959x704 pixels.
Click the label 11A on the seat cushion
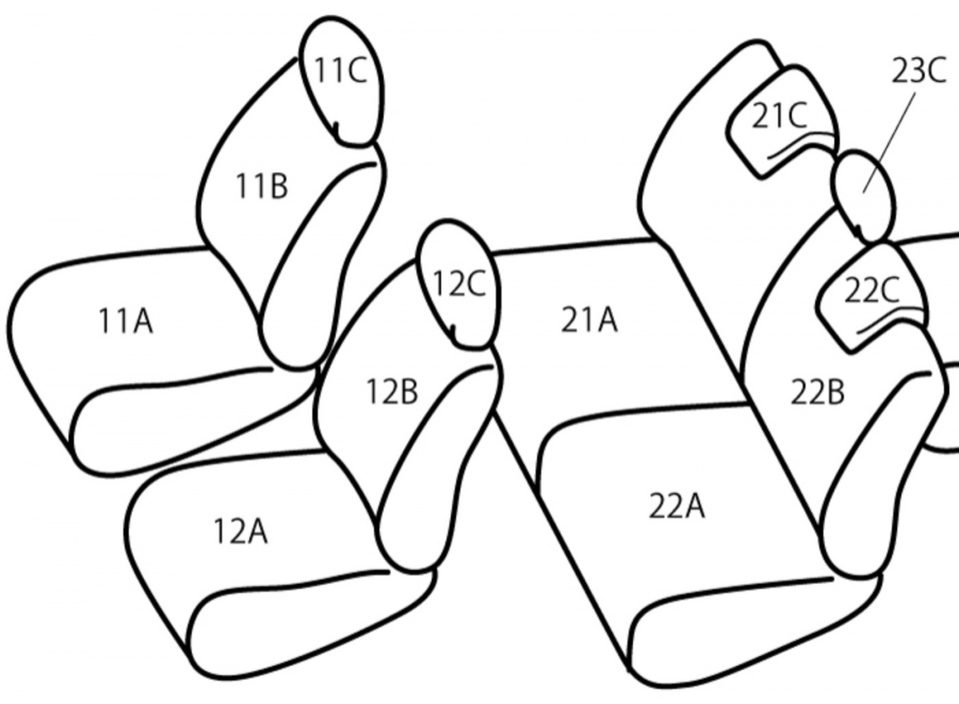point(125,321)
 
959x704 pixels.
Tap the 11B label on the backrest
point(261,187)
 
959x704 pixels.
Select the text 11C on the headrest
point(340,70)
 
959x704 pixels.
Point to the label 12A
point(241,531)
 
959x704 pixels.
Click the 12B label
point(392,392)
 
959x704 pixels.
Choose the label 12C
point(459,284)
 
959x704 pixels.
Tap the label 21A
point(589,320)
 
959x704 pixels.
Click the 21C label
point(779,116)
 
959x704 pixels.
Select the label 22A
point(676,507)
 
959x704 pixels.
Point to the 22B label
point(817,392)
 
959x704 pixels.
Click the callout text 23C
point(919,70)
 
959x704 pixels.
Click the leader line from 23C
point(889,143)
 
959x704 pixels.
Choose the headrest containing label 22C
point(818,309)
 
